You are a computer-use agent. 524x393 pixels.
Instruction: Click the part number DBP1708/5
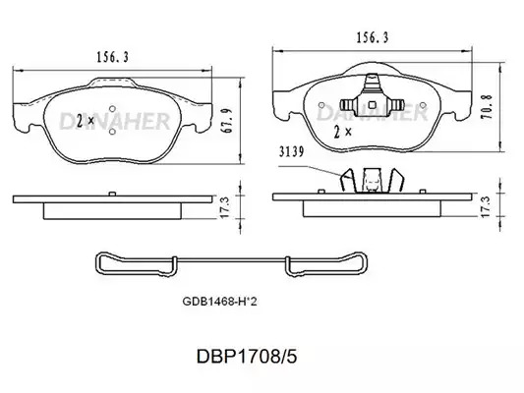coord(247,357)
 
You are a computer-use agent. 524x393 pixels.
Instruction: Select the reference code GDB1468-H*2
coord(219,302)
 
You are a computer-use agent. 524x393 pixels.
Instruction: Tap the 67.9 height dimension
coord(228,121)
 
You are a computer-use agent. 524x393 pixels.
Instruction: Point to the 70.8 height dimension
coord(488,107)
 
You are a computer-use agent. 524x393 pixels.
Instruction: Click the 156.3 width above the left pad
coord(113,57)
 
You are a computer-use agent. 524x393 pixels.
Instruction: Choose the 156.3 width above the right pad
coord(373,37)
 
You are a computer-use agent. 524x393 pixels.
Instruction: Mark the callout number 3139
coord(292,152)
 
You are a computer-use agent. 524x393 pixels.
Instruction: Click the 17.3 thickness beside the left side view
coord(225,207)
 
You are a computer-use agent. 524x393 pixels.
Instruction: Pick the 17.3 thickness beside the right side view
coord(485,206)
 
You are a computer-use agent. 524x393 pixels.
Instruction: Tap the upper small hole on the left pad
coord(113,109)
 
